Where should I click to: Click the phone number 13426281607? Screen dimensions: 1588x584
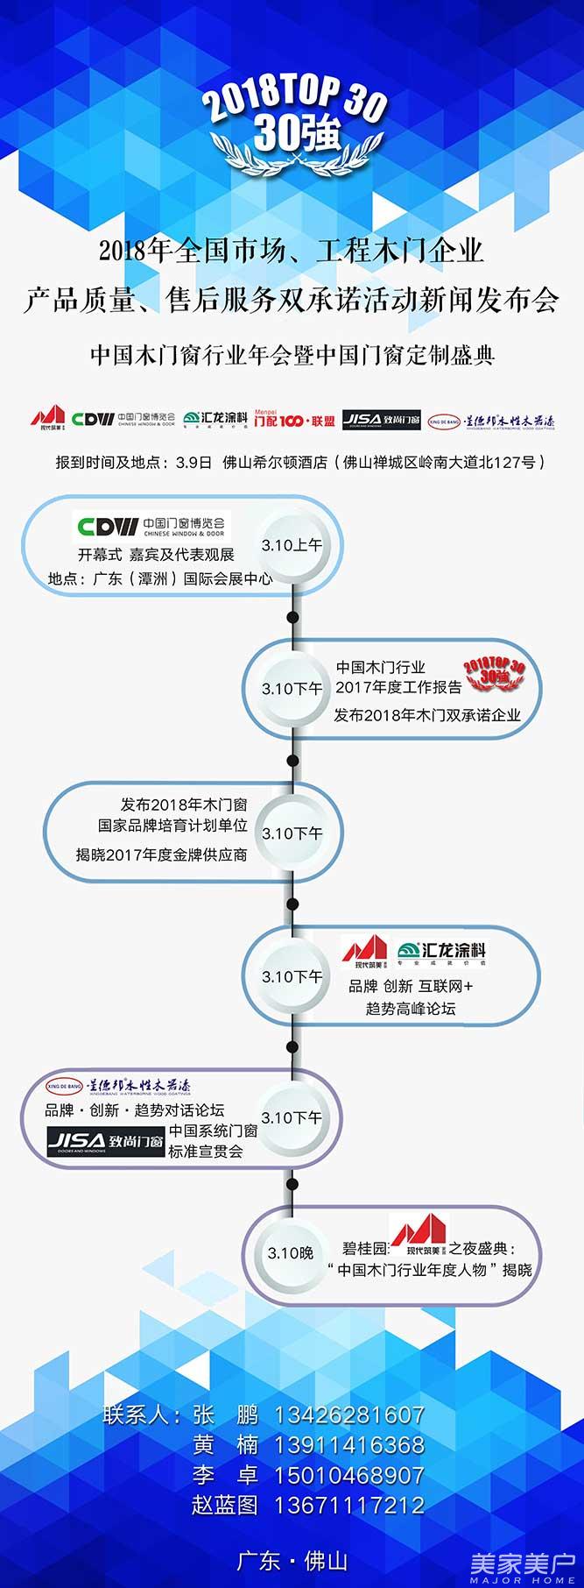[348, 1415]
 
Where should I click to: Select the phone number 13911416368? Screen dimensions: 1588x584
[348, 1445]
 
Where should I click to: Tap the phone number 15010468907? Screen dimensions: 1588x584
[348, 1476]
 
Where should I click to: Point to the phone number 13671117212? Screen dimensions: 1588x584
[348, 1506]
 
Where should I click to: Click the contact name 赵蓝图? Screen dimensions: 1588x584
[225, 1506]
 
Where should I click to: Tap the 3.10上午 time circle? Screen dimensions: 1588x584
[292, 545]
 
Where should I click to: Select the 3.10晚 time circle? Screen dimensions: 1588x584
[290, 1253]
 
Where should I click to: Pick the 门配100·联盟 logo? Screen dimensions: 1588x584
[294, 419]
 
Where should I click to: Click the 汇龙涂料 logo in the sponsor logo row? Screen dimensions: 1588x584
[215, 418]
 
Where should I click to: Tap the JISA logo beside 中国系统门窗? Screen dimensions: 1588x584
[106, 1141]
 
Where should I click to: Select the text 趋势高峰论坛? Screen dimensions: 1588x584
[411, 1009]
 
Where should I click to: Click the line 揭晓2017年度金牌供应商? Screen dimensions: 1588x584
[161, 854]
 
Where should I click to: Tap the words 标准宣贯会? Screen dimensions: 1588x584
[206, 1152]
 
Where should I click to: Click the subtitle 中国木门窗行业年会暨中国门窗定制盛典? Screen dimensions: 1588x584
[292, 355]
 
